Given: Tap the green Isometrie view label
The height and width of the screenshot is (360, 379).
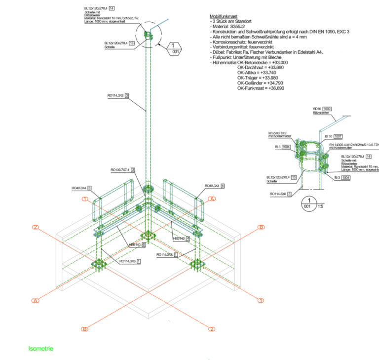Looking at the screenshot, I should coord(41,349).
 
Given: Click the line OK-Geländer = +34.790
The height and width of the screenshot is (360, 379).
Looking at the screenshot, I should coord(262,83).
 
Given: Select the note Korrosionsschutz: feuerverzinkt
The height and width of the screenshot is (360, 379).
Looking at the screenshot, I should coord(242,42).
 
